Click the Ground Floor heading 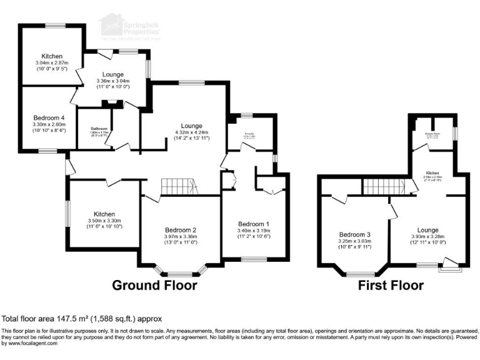(x=154, y=286)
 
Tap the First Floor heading (x=391, y=286)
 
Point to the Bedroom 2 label (x=181, y=229)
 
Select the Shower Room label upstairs (x=432, y=133)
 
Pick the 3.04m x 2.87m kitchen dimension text (x=52, y=63)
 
